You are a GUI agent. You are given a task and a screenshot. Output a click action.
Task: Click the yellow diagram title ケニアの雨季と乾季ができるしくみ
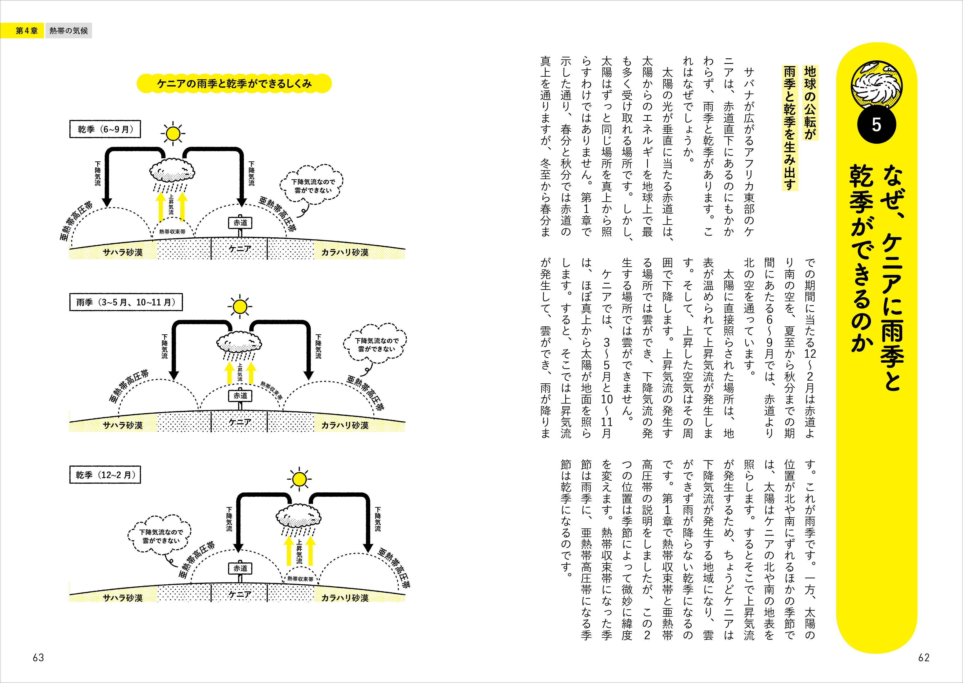point(234,84)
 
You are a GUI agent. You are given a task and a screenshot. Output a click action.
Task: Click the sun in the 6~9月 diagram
point(172,134)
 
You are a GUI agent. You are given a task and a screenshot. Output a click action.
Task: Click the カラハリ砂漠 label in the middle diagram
point(345,425)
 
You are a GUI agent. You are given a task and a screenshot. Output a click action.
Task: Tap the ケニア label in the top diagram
point(240,249)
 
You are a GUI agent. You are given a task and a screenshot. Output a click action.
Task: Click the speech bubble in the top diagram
point(312,186)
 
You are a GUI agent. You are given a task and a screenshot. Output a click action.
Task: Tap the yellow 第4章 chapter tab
point(26,31)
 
